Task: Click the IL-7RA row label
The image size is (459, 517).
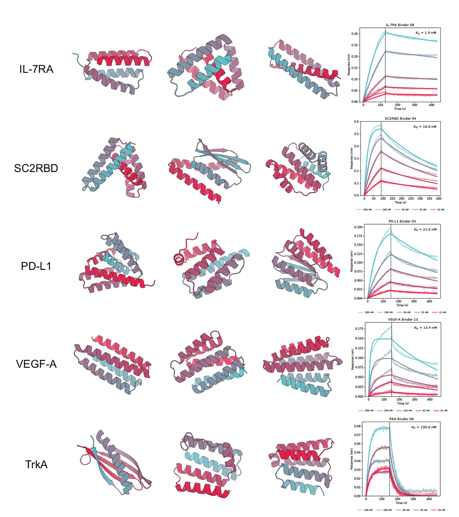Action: pyautogui.click(x=36, y=69)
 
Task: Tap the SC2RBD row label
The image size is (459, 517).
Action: pyautogui.click(x=36, y=168)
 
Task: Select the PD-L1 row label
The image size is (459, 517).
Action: pyautogui.click(x=36, y=266)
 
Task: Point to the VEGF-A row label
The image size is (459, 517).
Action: pyautogui.click(x=36, y=364)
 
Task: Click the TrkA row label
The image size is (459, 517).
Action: pyautogui.click(x=36, y=464)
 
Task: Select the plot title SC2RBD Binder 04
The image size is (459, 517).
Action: pyautogui.click(x=400, y=119)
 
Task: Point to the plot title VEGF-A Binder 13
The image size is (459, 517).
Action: pyautogui.click(x=402, y=319)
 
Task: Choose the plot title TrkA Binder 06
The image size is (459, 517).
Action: pyautogui.click(x=401, y=419)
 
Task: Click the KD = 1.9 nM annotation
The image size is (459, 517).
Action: pyautogui.click(x=426, y=33)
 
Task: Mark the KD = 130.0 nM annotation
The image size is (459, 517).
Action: pyautogui.click(x=424, y=427)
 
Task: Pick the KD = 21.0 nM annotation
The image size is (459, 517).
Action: pyautogui.click(x=425, y=229)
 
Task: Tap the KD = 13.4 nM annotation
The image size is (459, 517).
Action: pyautogui.click(x=425, y=328)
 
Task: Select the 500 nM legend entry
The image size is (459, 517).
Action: pyautogui.click(x=369, y=411)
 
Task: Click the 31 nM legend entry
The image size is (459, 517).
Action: pyautogui.click(x=444, y=411)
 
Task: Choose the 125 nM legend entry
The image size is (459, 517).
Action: pyautogui.click(x=407, y=411)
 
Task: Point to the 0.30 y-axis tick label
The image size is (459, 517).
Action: pyautogui.click(x=354, y=34)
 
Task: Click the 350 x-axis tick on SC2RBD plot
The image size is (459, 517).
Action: pyautogui.click(x=430, y=199)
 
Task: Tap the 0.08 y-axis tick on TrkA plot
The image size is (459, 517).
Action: pyautogui.click(x=358, y=426)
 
